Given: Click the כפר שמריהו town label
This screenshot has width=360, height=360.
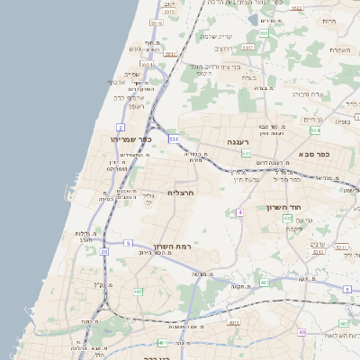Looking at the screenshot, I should pos(135,139).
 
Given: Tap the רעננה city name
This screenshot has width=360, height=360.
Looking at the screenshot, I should pos(238,142).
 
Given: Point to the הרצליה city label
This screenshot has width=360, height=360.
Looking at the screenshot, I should pos(181,193).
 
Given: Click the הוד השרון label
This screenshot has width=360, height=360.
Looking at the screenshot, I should pos(282,207).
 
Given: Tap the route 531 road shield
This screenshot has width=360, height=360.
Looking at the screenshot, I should pos(174,138).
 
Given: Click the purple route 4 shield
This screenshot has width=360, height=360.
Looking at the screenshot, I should pos(240,212).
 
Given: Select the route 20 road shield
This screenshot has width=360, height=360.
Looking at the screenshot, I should pos(104,251).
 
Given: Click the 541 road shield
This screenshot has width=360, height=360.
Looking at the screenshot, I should pos(147,65).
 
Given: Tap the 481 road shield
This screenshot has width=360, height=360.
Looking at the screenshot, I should pos(264,283).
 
